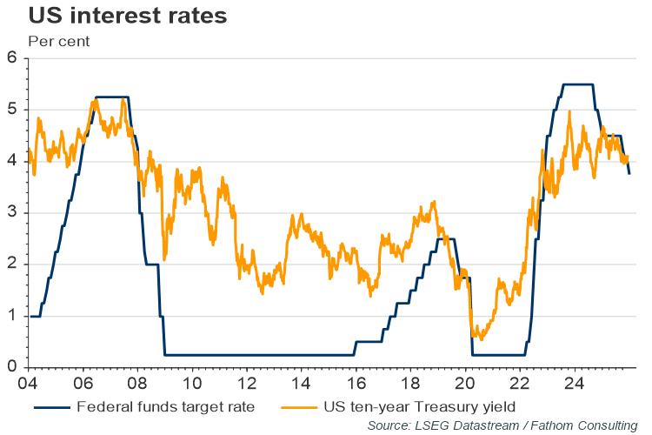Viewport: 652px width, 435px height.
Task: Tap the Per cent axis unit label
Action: point(58,40)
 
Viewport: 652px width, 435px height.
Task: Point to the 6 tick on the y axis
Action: point(12,58)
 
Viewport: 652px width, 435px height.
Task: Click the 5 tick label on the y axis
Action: point(12,110)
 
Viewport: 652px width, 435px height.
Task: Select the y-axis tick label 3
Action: point(12,213)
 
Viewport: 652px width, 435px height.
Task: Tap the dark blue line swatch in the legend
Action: point(51,406)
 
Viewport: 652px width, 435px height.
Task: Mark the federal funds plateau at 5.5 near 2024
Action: point(578,84)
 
